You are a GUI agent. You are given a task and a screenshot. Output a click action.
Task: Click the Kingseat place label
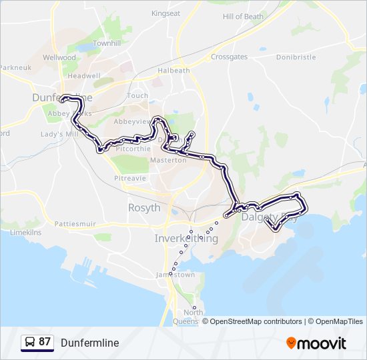(x=165, y=13)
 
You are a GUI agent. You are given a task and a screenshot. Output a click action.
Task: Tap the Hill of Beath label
(x=243, y=17)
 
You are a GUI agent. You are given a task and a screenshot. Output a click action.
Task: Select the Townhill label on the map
(x=106, y=43)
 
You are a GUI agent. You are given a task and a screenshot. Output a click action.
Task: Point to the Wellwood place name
(x=59, y=58)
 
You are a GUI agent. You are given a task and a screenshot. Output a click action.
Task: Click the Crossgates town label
(x=230, y=57)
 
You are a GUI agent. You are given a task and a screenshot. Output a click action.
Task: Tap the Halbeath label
(x=173, y=71)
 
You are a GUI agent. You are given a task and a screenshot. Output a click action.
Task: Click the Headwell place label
(x=83, y=77)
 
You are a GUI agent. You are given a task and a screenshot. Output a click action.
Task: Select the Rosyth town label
(x=144, y=208)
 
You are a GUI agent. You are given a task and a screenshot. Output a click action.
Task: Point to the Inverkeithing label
(x=186, y=238)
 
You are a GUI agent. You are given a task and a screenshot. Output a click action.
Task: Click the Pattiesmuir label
(x=75, y=223)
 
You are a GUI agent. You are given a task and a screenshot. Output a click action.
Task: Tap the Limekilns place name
(x=25, y=232)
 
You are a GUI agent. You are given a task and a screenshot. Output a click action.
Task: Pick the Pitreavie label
(x=130, y=179)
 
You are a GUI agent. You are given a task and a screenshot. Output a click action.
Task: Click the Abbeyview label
(x=133, y=122)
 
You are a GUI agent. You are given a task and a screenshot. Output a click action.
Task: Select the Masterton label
(x=168, y=161)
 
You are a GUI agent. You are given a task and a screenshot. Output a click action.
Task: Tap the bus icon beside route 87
(x=30, y=343)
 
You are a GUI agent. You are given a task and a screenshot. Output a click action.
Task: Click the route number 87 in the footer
(x=45, y=342)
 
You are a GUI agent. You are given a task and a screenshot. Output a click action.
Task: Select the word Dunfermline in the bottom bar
(x=89, y=343)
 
